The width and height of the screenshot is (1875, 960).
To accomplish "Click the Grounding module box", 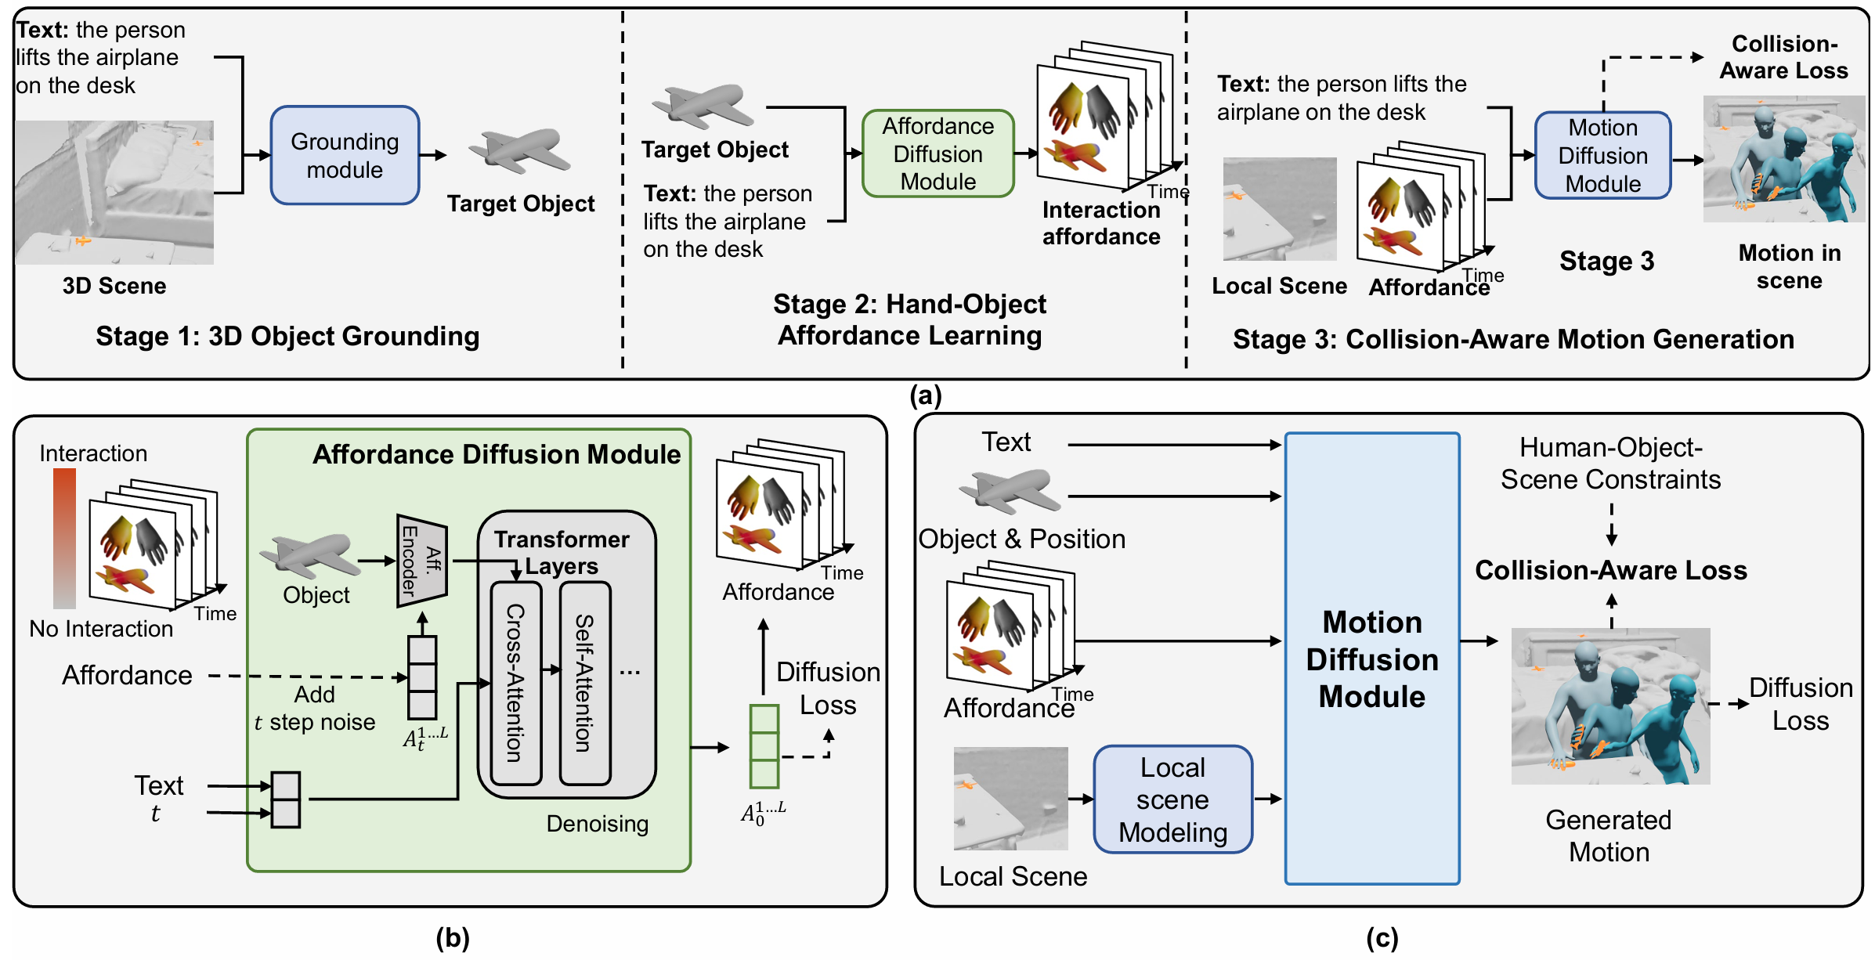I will click(345, 155).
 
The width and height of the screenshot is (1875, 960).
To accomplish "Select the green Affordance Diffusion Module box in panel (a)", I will click(937, 153).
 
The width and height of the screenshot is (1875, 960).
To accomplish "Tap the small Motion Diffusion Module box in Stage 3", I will click(1602, 155).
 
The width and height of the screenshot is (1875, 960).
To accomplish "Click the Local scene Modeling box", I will click(1172, 799).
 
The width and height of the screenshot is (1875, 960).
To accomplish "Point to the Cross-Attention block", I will click(515, 683).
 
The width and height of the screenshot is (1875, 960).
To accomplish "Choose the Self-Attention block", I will click(584, 683).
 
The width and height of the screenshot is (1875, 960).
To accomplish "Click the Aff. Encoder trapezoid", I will click(421, 561).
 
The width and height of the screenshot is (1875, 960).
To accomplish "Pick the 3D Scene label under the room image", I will click(114, 286).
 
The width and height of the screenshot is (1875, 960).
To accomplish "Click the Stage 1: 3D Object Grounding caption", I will click(287, 336).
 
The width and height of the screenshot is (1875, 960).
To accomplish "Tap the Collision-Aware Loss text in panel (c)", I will click(1610, 570).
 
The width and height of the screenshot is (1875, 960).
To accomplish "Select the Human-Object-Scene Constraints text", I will click(1610, 463).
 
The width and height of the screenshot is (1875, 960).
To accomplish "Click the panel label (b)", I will click(453, 937).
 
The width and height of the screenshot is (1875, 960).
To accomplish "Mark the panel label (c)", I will click(1382, 937).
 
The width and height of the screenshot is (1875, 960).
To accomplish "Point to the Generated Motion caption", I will click(1609, 835).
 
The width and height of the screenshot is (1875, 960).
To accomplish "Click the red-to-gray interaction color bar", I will click(64, 538).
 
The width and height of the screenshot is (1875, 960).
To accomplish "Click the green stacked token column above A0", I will click(764, 746).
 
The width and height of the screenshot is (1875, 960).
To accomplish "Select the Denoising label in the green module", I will click(597, 824).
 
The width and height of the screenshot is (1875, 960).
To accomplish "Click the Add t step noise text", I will click(315, 708).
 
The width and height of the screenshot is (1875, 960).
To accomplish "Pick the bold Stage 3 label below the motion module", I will click(1606, 261).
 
